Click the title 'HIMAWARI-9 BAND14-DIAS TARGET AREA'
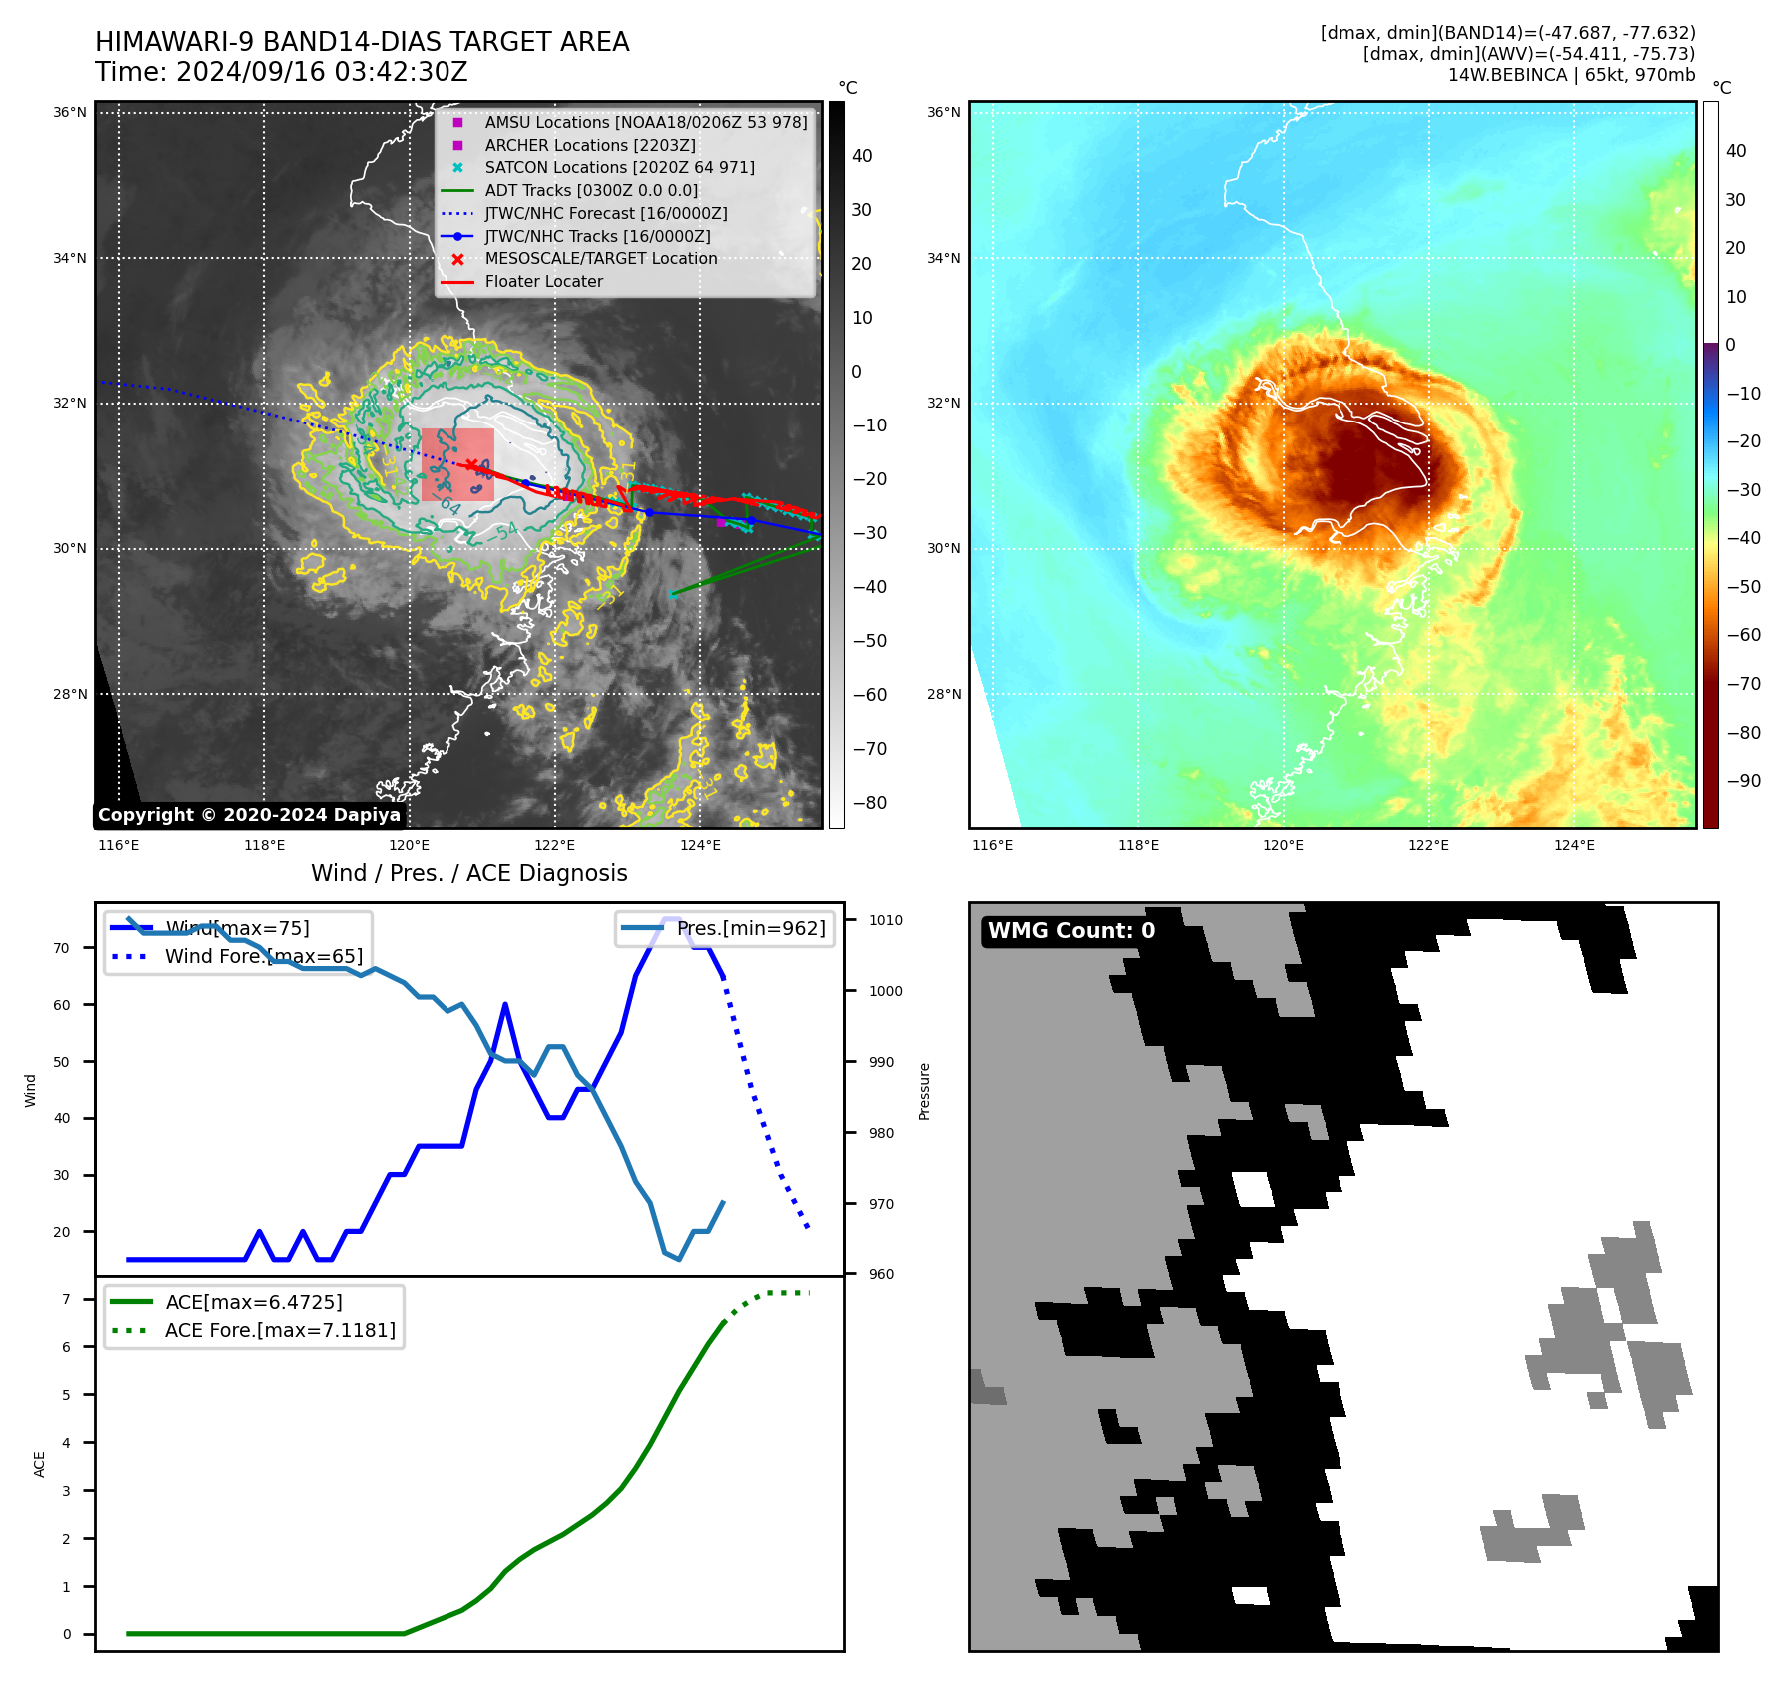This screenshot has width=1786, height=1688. pyautogui.click(x=362, y=42)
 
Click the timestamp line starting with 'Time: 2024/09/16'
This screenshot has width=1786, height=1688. pyautogui.click(x=281, y=72)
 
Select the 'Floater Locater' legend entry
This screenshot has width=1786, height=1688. pyautogui.click(x=543, y=282)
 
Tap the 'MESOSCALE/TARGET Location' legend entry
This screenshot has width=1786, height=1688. pyautogui.click(x=600, y=259)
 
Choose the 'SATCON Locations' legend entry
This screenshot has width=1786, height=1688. pyautogui.click(x=619, y=168)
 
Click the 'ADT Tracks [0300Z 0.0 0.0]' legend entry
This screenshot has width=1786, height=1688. pyautogui.click(x=591, y=191)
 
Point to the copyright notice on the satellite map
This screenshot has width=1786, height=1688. pyautogui.click(x=249, y=815)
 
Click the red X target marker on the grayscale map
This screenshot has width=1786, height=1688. pyautogui.click(x=471, y=465)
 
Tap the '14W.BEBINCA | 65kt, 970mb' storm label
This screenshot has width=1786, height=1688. pyautogui.click(x=1571, y=75)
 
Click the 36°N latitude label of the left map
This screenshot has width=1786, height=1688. pyautogui.click(x=70, y=113)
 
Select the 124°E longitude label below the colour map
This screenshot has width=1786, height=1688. pyautogui.click(x=1574, y=846)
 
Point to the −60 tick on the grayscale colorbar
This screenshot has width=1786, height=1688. pyautogui.click(x=869, y=695)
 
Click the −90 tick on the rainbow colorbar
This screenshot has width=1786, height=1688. pyautogui.click(x=1744, y=781)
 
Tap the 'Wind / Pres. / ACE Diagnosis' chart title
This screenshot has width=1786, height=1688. pyautogui.click(x=468, y=873)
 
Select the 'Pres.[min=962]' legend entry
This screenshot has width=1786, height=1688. pyautogui.click(x=750, y=929)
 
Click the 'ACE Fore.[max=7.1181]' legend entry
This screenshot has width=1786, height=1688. pyautogui.click(x=280, y=1331)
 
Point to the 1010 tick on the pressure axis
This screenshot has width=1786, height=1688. pyautogui.click(x=885, y=921)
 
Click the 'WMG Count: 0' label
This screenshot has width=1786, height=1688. pyautogui.click(x=1071, y=931)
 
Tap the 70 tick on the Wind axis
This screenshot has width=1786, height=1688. pyautogui.click(x=62, y=948)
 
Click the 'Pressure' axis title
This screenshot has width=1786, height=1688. pyautogui.click(x=925, y=1091)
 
